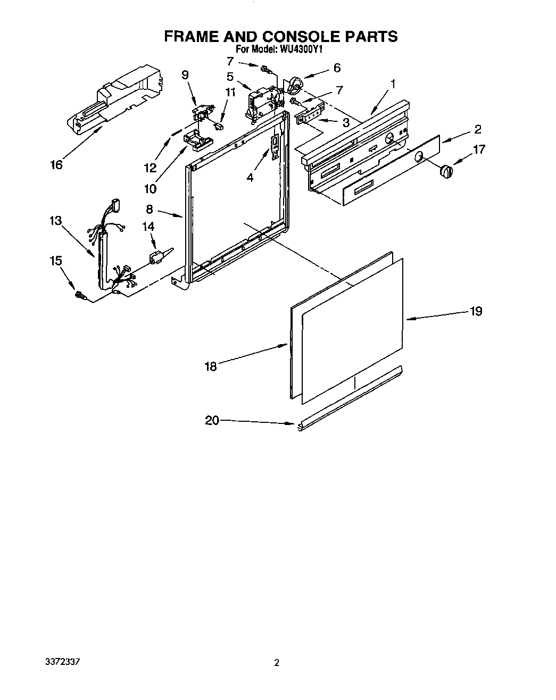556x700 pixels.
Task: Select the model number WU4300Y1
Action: [x=300, y=49]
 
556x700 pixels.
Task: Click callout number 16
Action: [x=55, y=165]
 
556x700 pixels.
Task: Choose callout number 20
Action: [x=212, y=421]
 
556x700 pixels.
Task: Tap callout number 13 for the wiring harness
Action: [x=55, y=220]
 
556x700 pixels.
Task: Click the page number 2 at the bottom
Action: [x=276, y=678]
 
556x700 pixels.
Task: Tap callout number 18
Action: [x=211, y=366]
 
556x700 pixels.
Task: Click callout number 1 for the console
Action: [x=393, y=84]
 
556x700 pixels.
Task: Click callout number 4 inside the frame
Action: [x=250, y=178]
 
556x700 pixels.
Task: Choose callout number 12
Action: [x=150, y=168]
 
